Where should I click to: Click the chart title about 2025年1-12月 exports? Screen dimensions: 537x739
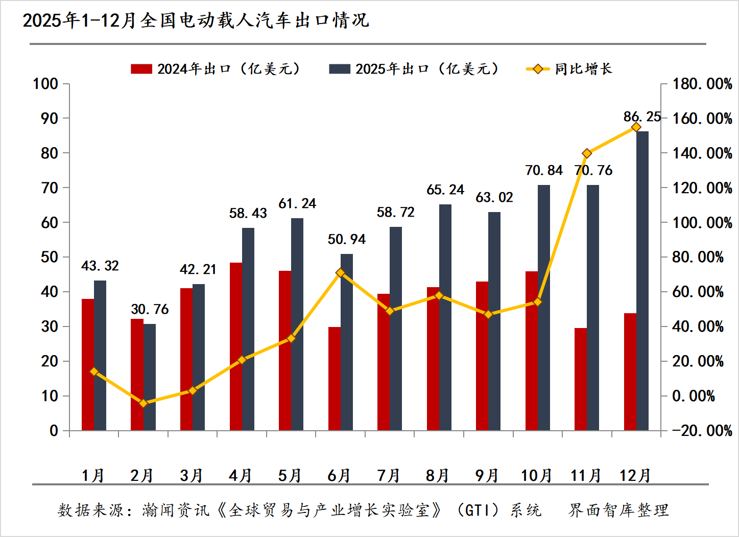pyautogui.click(x=196, y=20)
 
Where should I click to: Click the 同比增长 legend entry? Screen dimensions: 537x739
pyautogui.click(x=569, y=69)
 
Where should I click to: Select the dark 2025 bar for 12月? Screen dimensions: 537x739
pyautogui.click(x=642, y=281)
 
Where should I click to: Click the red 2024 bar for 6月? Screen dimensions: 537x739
pyautogui.click(x=334, y=378)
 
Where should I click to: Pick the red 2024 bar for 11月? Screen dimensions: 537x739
pyautogui.click(x=581, y=379)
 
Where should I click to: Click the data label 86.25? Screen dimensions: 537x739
pyautogui.click(x=642, y=117)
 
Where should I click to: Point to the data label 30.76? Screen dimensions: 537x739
pyautogui.click(x=150, y=309)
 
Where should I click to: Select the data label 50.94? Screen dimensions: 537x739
pyautogui.click(x=347, y=239)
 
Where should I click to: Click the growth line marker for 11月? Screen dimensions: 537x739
pyautogui.click(x=587, y=153)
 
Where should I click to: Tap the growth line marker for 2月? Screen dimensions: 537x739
pyautogui.click(x=144, y=403)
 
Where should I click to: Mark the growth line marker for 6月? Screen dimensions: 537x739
pyautogui.click(x=341, y=273)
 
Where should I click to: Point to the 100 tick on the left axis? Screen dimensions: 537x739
pyautogui.click(x=45, y=84)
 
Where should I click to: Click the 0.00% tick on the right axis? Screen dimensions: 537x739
pyautogui.click(x=693, y=396)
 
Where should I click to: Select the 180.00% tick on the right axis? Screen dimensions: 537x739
pyautogui.click(x=702, y=84)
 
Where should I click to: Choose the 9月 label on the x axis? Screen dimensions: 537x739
pyautogui.click(x=487, y=476)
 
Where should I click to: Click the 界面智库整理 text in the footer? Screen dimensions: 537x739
pyautogui.click(x=618, y=510)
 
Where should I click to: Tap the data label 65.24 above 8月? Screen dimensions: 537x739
pyautogui.click(x=445, y=190)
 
